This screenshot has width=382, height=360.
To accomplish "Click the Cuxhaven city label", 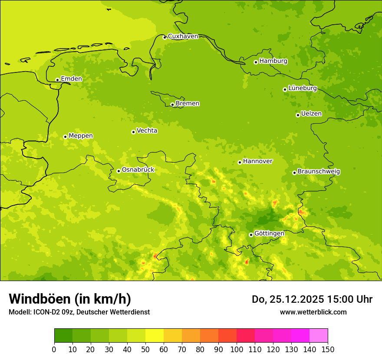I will tap(183, 36).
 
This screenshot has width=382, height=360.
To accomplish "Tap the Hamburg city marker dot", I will tap(256, 62).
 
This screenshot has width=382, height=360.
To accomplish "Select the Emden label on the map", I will tap(71, 79).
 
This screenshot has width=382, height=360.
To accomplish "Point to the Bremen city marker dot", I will tap(172, 105).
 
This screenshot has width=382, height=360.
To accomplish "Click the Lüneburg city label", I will tap(303, 88).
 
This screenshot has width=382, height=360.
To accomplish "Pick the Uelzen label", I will tap(311, 114).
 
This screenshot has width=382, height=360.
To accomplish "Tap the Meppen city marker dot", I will tap(65, 137).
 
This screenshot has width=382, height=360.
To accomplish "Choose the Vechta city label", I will tap(147, 131).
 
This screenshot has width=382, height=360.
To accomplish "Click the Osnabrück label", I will tap(138, 170).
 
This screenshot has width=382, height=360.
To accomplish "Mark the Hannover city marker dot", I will tap(240, 163).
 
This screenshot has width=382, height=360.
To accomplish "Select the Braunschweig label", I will tap(319, 172).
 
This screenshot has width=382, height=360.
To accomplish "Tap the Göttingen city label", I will tap(269, 233).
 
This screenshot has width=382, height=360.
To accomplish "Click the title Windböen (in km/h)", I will tap(70, 299).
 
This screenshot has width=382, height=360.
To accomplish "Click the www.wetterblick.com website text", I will tap(313, 312).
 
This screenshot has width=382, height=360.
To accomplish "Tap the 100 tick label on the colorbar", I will tap(237, 349).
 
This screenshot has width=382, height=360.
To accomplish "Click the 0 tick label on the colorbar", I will tap(54, 349).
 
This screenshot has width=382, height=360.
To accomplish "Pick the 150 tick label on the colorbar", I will tap(327, 349).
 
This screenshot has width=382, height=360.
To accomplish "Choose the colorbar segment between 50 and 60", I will tap(155, 336).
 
